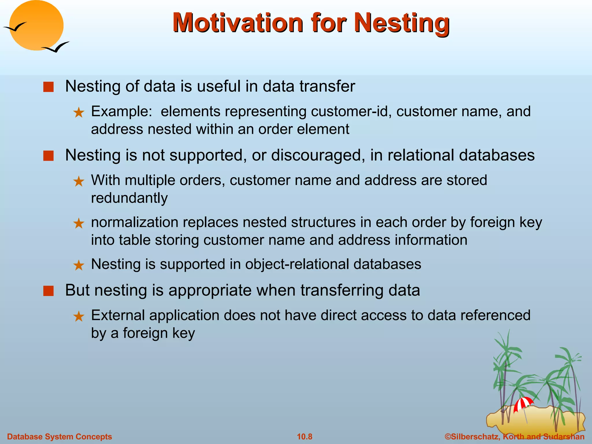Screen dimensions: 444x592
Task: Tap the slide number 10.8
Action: [304, 436]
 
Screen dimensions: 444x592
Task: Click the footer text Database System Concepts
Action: [59, 436]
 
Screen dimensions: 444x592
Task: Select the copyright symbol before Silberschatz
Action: [448, 436]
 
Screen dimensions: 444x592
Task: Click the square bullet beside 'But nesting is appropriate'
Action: [48, 291]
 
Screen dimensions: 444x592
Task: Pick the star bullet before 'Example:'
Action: [79, 112]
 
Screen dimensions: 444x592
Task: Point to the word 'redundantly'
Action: [129, 198]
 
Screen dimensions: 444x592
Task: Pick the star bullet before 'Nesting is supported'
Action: [79, 265]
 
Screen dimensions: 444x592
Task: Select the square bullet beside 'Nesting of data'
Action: [48, 87]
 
